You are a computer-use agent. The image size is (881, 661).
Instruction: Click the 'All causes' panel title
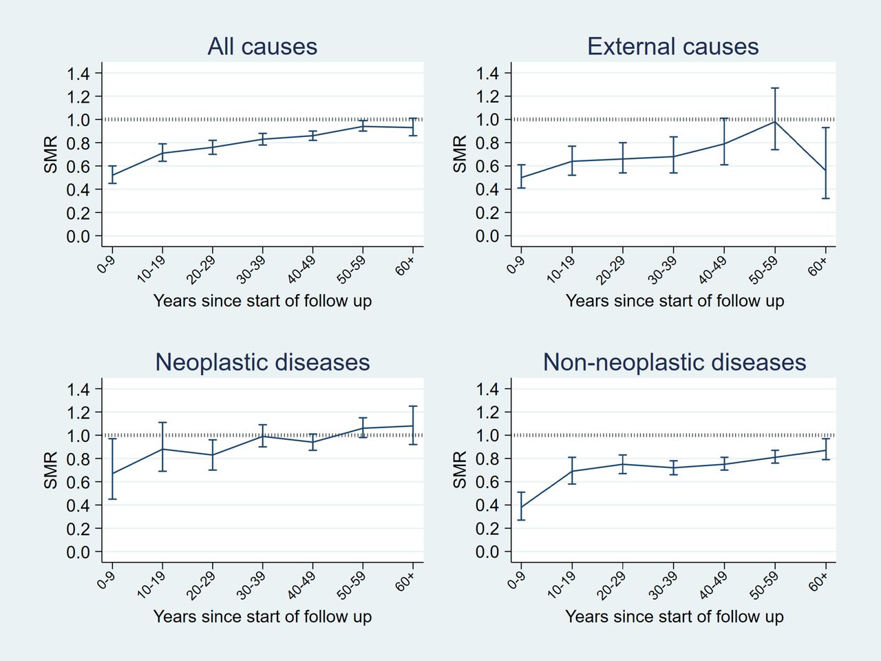262,46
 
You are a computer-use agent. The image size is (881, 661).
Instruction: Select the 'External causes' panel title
672,46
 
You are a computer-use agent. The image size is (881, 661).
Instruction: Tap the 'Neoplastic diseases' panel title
262,362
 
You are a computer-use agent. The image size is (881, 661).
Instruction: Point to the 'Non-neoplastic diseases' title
675,362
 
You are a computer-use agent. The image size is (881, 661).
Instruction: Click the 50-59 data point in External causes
774,122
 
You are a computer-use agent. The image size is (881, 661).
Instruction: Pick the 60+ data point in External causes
826,171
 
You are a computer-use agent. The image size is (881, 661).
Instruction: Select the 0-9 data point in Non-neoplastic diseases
521,507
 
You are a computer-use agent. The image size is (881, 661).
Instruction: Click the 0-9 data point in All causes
112,176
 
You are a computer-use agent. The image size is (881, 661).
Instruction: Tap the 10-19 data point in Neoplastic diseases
162,449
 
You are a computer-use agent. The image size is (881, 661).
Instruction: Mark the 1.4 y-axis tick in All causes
78,74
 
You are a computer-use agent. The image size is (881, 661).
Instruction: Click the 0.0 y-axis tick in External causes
488,236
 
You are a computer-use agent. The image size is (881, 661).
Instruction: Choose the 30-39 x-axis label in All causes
251,269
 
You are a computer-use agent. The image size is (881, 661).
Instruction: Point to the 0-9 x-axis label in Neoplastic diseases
107,580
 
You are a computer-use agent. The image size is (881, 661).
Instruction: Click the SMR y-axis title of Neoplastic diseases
51,470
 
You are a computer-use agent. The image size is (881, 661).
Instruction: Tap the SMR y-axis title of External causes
460,154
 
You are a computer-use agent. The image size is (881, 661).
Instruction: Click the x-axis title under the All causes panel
262,301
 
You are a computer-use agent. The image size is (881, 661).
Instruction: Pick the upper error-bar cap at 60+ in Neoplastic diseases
412,406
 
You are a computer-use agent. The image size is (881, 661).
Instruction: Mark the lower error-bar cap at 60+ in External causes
826,198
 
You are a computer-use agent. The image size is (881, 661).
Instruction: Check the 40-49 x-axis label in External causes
713,269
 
